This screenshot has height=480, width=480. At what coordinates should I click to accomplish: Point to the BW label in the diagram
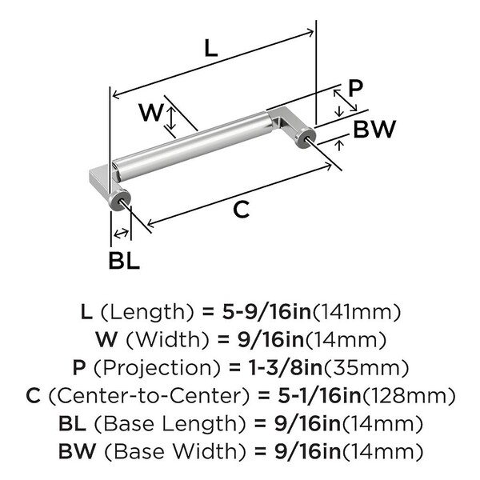pos(374,130)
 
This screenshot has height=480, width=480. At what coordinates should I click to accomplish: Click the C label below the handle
pos(241,210)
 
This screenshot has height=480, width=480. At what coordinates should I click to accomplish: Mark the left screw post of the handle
pos(124,206)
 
